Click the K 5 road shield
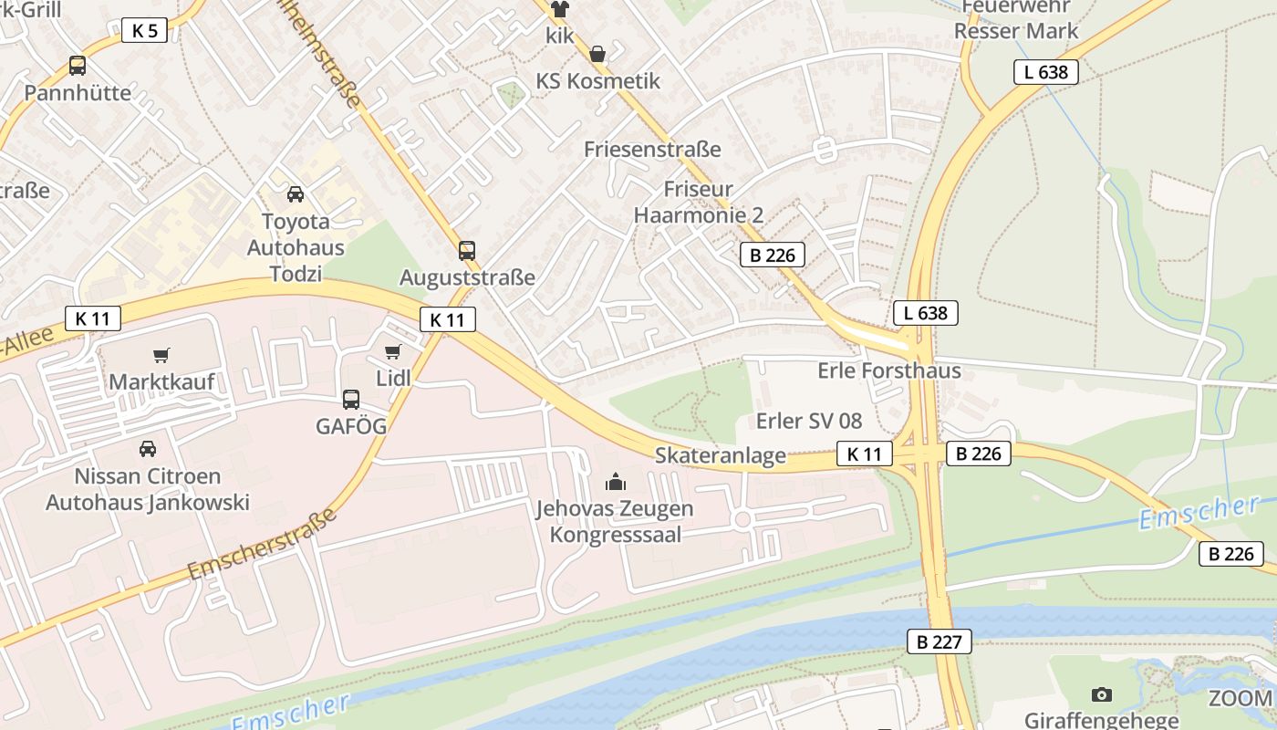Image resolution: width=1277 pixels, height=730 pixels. click(144, 30)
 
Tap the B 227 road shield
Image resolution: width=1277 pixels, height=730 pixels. click(940, 641)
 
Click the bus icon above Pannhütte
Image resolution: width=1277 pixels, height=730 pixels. click(78, 66)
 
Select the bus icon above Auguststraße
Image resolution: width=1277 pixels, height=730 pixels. click(467, 250)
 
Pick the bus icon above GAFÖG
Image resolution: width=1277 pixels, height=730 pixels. click(351, 399)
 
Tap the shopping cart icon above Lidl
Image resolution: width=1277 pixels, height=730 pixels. click(393, 351)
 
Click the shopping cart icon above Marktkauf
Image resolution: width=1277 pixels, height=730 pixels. click(161, 355)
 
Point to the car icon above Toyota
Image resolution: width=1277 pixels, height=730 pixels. click(296, 193)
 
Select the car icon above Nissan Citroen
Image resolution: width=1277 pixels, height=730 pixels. click(147, 448)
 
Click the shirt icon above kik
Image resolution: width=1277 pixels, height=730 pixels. click(559, 9)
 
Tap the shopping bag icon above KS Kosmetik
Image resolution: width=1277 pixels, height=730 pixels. click(597, 54)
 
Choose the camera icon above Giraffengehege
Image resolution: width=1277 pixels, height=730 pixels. click(1102, 694)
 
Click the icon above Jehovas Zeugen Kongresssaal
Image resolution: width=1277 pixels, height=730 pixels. click(616, 481)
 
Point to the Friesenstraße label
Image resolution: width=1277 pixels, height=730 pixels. click(652, 149)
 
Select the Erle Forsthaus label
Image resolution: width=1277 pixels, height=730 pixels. click(889, 370)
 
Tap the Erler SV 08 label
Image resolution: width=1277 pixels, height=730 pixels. click(809, 421)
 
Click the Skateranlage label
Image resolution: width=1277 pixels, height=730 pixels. click(721, 455)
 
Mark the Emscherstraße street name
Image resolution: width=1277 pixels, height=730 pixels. click(263, 543)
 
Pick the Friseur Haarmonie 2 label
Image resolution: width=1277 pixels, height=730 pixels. click(699, 203)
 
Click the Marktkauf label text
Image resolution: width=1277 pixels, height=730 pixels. click(161, 381)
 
